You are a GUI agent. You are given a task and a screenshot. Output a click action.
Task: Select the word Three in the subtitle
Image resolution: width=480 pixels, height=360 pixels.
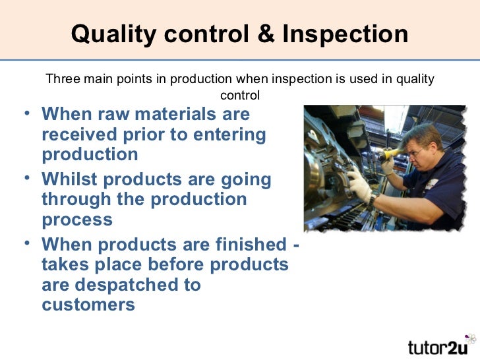(61, 80)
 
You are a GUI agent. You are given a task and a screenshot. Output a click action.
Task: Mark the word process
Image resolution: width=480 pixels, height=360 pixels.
(76, 220)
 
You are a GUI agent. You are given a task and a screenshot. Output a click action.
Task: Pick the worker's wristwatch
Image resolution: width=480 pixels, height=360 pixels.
(375, 198)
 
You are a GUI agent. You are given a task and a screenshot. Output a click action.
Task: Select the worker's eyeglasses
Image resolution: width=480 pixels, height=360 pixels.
(417, 154)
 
